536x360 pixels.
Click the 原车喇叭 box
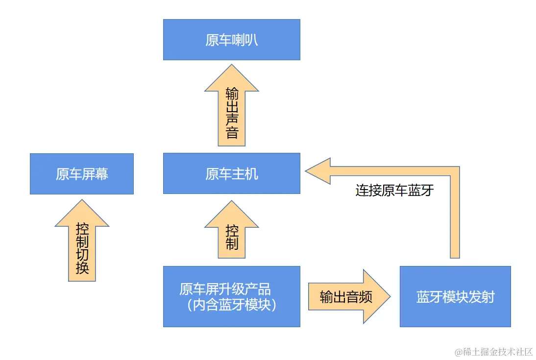click(231, 40)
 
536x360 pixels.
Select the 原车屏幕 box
click(82, 174)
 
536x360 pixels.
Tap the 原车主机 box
click(231, 173)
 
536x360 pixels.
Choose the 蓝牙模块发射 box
click(455, 296)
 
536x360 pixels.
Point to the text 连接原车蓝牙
click(394, 190)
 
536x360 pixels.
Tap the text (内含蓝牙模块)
click(232, 305)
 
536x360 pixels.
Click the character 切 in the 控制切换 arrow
click(82, 255)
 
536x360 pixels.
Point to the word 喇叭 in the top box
click(245, 40)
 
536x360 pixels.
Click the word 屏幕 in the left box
click(95, 174)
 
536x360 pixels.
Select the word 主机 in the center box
click(244, 173)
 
